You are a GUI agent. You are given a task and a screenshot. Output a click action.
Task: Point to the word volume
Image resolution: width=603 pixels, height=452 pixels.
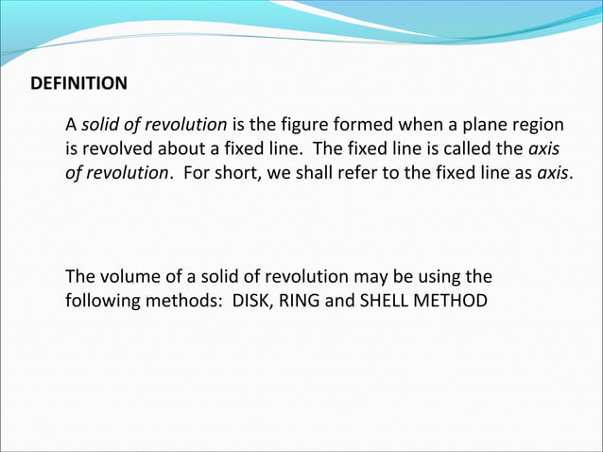[124, 278]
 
